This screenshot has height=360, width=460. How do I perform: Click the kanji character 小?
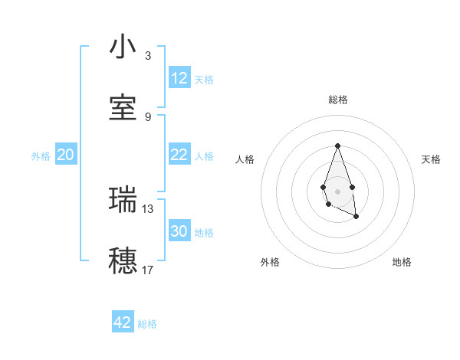(123, 47)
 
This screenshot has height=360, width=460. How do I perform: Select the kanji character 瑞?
(123, 199)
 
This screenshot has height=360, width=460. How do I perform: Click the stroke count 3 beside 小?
(148, 56)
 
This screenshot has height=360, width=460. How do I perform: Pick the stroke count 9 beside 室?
(148, 116)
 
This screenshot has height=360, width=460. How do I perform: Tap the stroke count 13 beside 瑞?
(148, 208)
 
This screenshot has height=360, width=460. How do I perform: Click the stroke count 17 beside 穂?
(148, 270)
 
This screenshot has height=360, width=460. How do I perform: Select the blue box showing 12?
(179, 78)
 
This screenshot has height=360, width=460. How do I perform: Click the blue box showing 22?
(179, 155)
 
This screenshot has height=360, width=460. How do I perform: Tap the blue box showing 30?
(179, 231)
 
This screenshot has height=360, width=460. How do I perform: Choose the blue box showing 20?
(66, 155)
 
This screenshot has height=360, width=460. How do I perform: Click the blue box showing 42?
(123, 322)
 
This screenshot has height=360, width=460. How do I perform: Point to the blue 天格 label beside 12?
(204, 80)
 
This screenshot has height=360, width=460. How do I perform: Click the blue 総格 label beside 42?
(147, 324)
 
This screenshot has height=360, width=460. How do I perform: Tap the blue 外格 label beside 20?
(41, 156)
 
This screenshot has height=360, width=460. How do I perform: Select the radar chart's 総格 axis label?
(337, 100)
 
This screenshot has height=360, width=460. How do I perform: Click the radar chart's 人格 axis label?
(245, 159)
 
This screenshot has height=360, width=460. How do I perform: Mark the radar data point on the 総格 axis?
(337, 146)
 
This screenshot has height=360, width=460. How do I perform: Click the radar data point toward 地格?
(356, 217)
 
